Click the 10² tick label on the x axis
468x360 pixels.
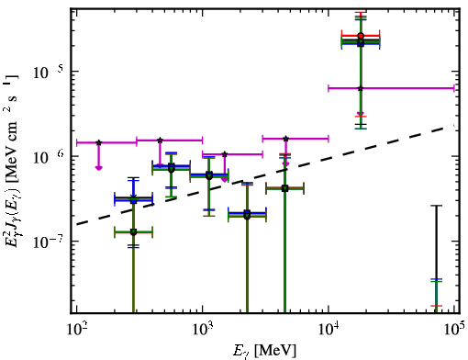76,330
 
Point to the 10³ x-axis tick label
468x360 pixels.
202,330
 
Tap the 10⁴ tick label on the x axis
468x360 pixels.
329,330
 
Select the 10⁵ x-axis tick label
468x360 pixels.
454,330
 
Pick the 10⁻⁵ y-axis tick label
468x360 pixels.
49,72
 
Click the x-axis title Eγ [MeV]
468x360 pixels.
264,351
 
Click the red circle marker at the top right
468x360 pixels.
361,36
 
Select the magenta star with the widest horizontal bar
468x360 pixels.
361,88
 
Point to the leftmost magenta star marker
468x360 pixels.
98,142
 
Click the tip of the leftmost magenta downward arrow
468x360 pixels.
98,170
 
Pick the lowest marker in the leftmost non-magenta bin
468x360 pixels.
133,232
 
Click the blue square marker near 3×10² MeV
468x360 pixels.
133,200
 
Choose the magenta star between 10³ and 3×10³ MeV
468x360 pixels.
225,154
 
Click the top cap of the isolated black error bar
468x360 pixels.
436,206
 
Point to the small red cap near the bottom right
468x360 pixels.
436,306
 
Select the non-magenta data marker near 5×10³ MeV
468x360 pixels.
284,188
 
